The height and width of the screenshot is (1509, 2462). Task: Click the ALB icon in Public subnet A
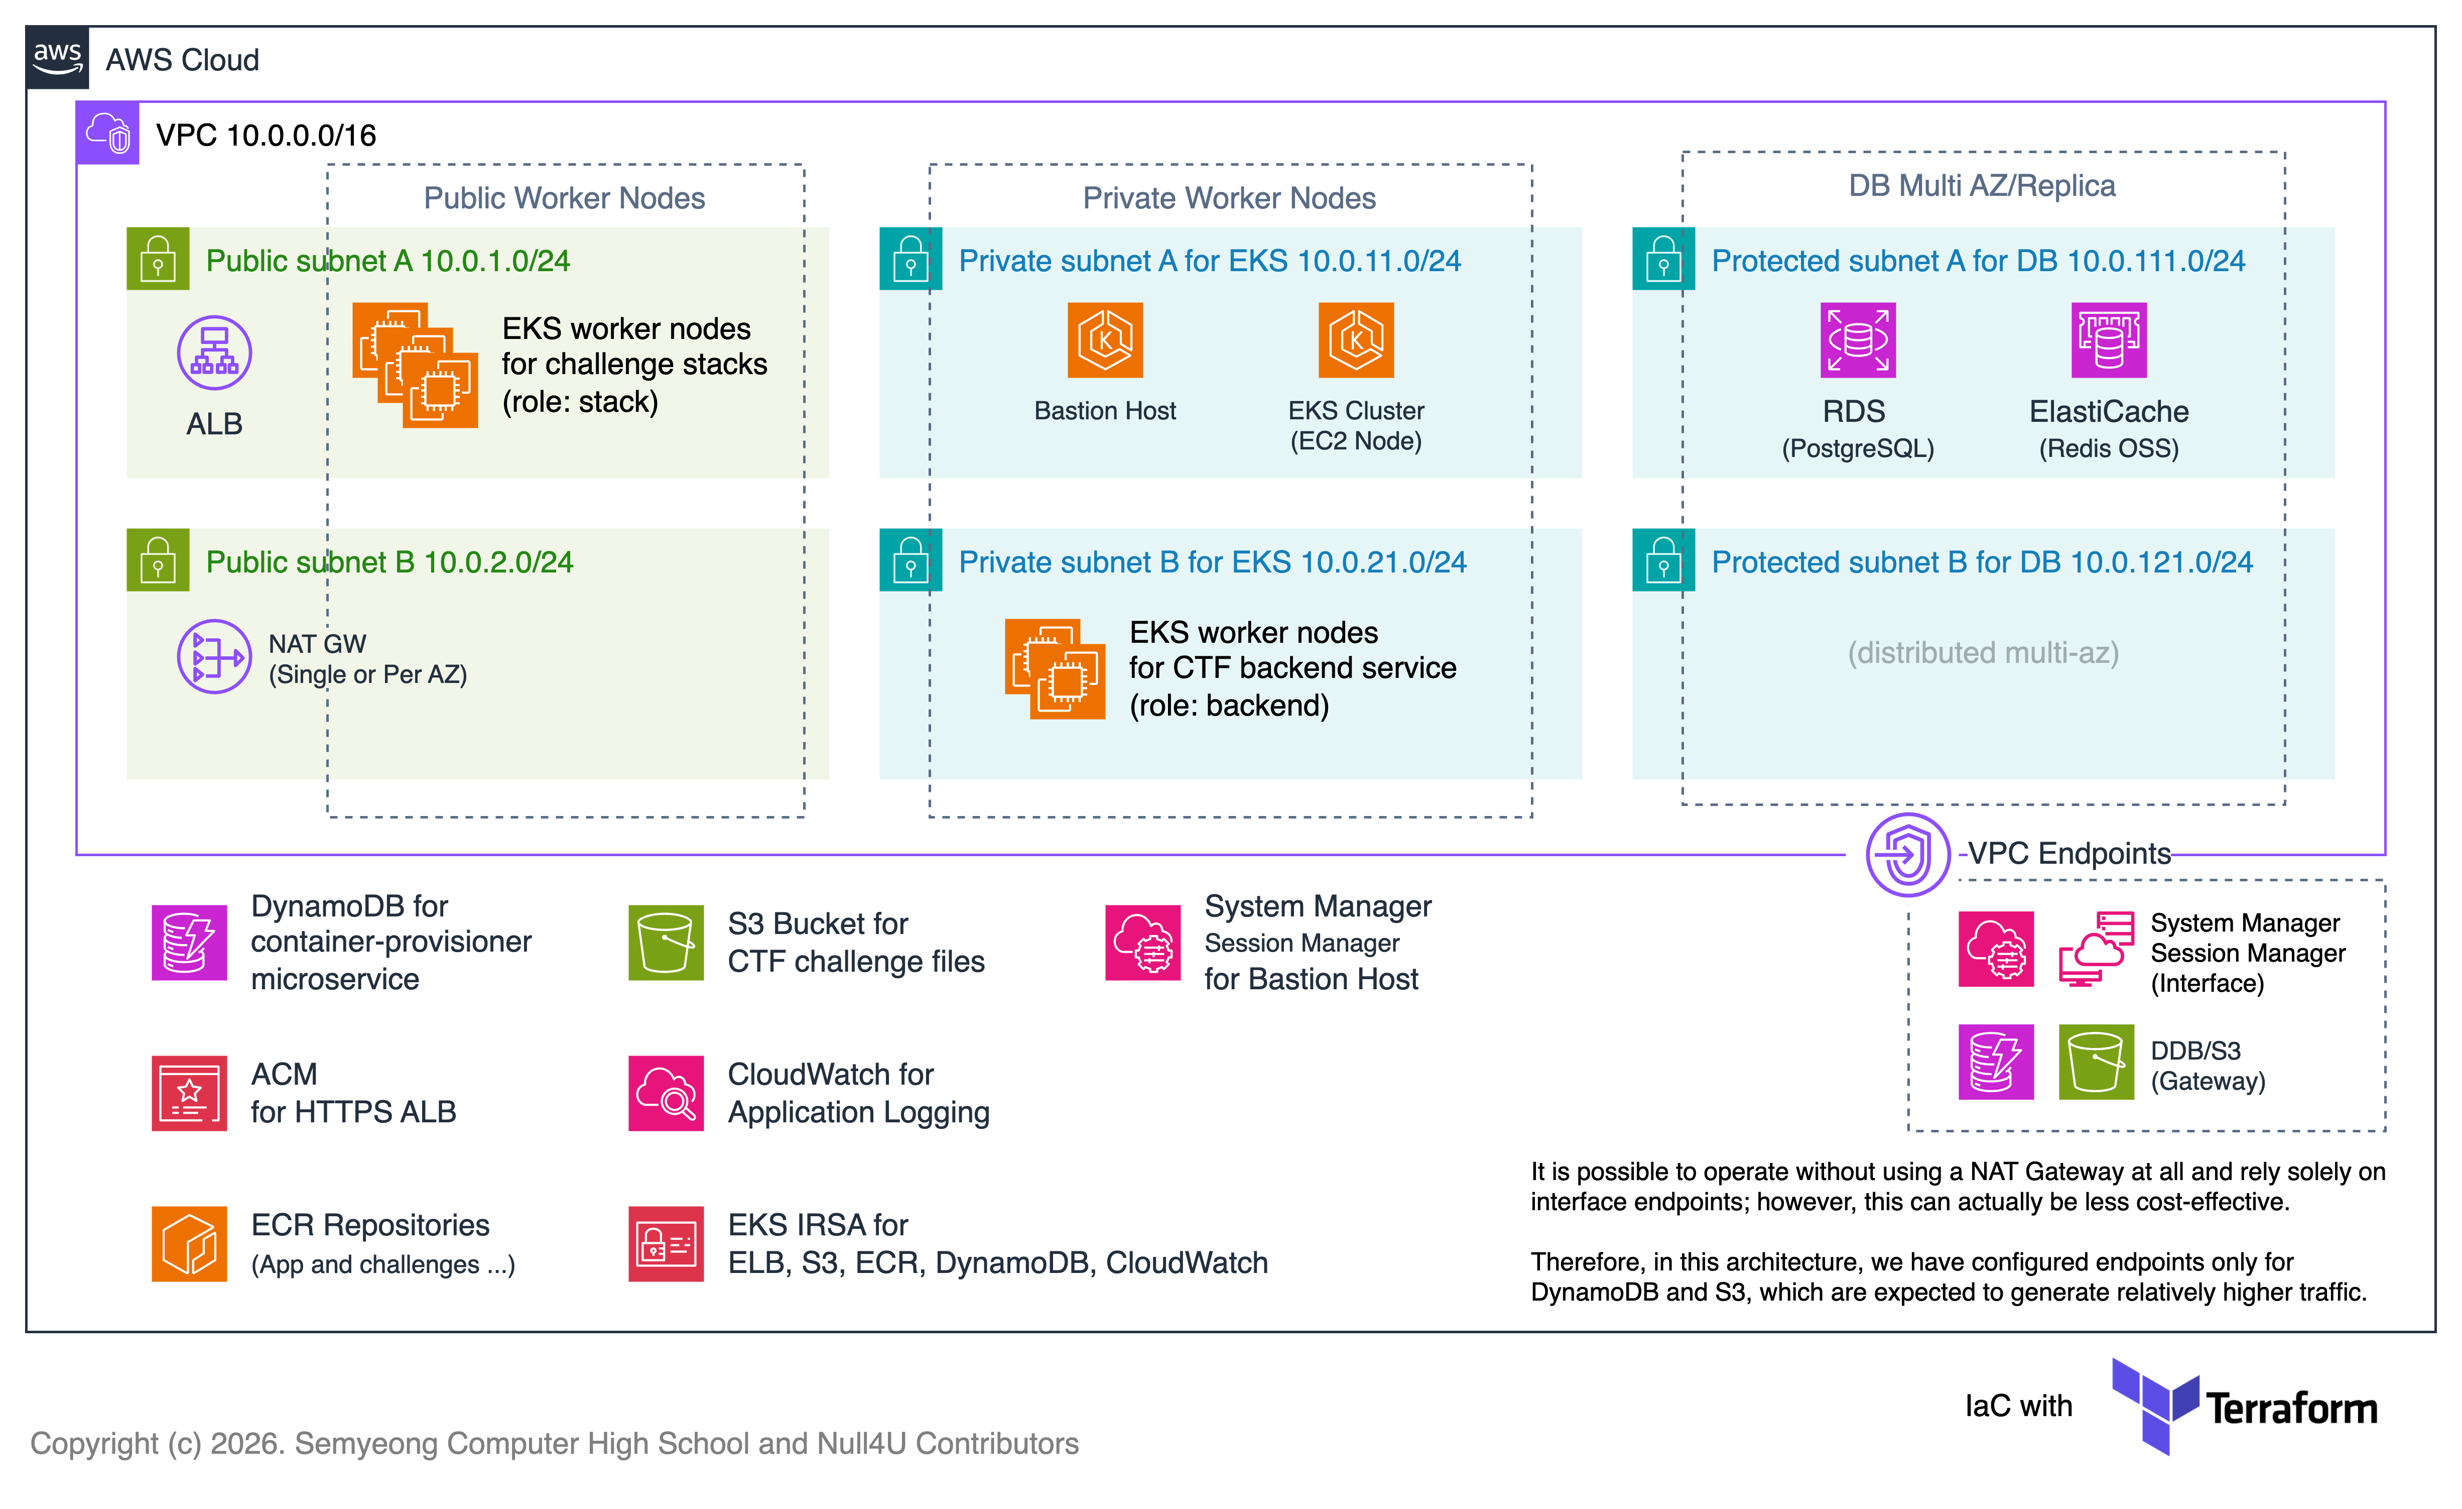coord(214,353)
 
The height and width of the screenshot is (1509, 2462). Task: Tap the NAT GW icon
coord(214,656)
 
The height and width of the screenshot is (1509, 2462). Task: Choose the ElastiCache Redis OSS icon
coord(2108,341)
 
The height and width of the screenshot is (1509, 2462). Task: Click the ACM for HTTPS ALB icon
coord(189,1093)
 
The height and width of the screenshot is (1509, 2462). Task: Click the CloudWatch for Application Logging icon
coord(666,1093)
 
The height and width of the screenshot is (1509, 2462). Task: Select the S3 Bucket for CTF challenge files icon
coord(666,943)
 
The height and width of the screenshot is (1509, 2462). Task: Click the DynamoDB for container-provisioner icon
coord(189,943)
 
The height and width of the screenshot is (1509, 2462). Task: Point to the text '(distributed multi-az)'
coord(1982,653)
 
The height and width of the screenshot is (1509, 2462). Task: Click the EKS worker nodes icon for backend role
coord(1054,668)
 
